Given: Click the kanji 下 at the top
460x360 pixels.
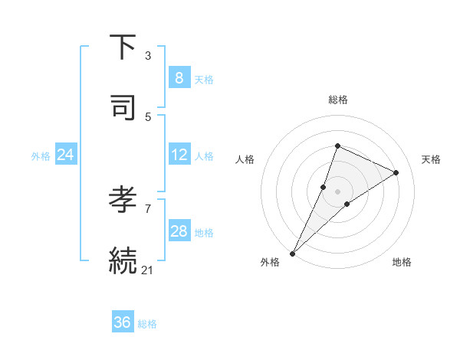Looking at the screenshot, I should pyautogui.click(x=123, y=47).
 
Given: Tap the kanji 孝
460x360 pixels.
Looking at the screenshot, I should pyautogui.click(x=123, y=200).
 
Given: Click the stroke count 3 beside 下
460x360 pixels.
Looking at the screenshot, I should pyautogui.click(x=148, y=56).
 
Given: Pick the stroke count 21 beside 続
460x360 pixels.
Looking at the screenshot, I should pyautogui.click(x=148, y=270).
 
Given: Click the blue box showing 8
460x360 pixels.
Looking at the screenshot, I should pyautogui.click(x=179, y=78).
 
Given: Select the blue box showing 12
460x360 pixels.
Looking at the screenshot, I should pyautogui.click(x=179, y=155).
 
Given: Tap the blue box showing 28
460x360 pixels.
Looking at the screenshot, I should pyautogui.click(x=179, y=231).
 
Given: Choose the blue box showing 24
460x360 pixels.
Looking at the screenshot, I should pyautogui.click(x=65, y=155).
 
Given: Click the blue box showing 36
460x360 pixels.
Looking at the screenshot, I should pyautogui.click(x=122, y=322).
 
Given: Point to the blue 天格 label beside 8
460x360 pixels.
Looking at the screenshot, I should pyautogui.click(x=204, y=80).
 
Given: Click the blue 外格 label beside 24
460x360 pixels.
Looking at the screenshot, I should pyautogui.click(x=41, y=156).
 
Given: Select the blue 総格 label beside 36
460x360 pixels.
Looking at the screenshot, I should pyautogui.click(x=147, y=324).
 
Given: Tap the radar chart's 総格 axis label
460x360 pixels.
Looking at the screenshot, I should pyautogui.click(x=338, y=100).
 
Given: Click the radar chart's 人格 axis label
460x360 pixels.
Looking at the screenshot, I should pyautogui.click(x=245, y=159).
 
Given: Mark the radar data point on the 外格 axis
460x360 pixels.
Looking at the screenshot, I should pyautogui.click(x=293, y=253).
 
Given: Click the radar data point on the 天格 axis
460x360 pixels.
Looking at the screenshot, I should pyautogui.click(x=396, y=172).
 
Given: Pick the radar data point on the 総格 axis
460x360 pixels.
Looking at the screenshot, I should pyautogui.click(x=337, y=146).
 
